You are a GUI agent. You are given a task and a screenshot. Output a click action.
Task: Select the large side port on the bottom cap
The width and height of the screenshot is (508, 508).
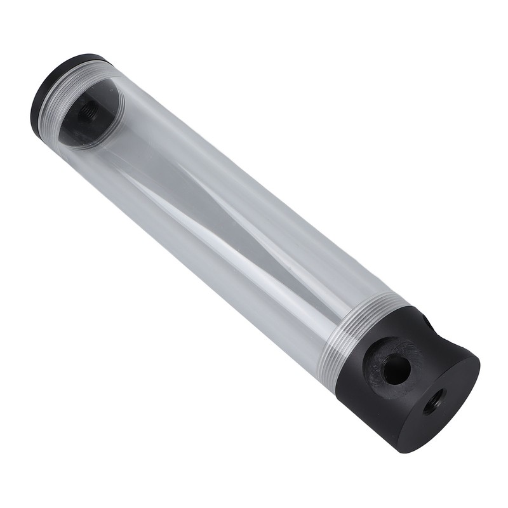coord(396,369)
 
